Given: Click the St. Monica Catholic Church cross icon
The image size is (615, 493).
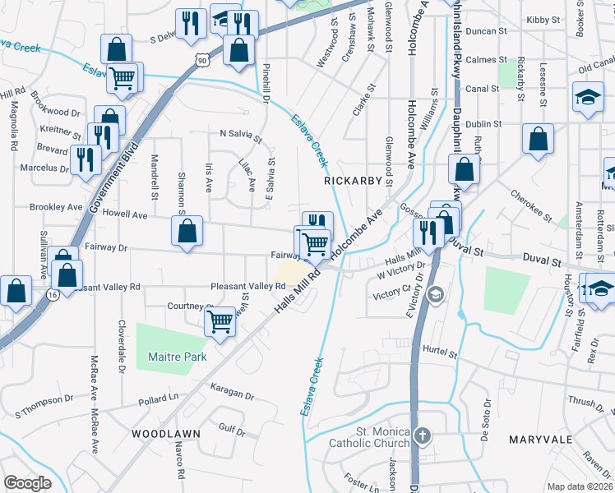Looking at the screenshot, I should (422, 435).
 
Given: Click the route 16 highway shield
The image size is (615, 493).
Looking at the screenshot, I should (53, 293).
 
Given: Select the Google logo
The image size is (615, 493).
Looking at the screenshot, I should (27, 483).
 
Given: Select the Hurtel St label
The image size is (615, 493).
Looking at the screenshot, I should (440, 354).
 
